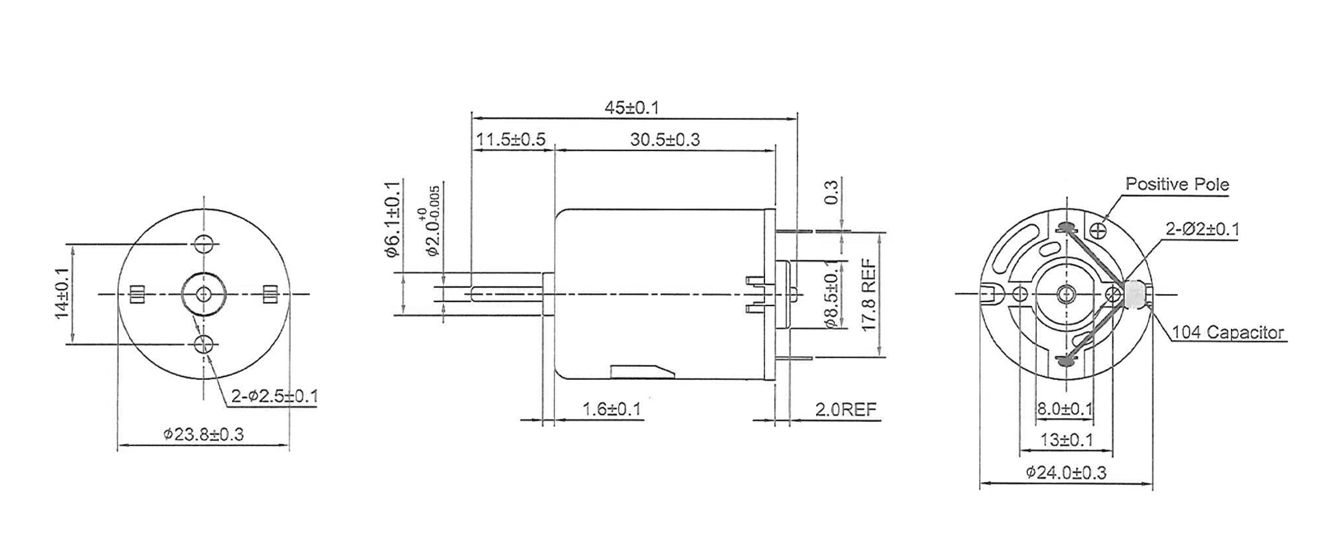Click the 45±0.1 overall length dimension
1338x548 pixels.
tap(632, 108)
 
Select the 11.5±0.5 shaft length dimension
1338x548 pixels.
tap(510, 139)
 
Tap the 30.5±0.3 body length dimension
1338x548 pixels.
tap(665, 139)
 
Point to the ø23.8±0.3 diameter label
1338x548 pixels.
tap(204, 434)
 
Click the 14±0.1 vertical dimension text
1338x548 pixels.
tap(61, 294)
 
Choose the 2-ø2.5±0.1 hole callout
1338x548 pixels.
tap(275, 396)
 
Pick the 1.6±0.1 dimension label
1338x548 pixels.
tap(612, 410)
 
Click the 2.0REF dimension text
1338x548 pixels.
tap(846, 410)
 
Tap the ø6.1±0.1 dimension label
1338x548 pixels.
tap(393, 219)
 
